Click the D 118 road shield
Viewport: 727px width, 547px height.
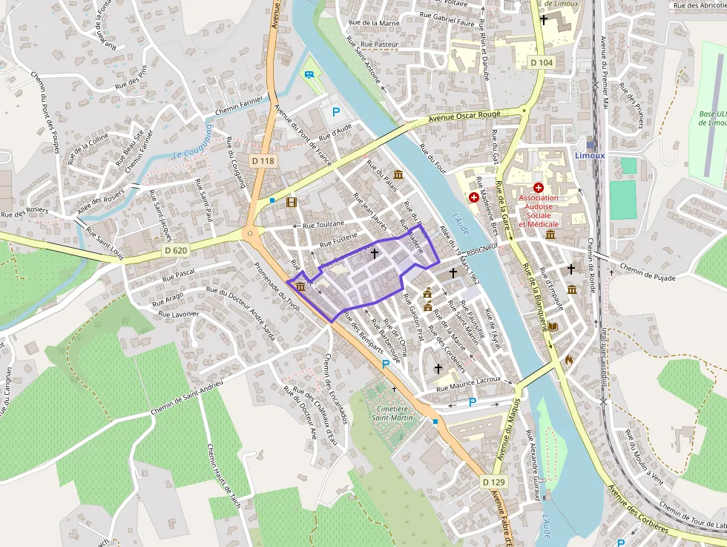(x=263, y=160)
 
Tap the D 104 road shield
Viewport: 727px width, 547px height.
(x=542, y=63)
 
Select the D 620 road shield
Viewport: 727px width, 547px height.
(x=176, y=251)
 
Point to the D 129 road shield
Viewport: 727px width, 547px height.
(x=493, y=482)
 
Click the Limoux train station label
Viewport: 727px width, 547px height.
(x=590, y=155)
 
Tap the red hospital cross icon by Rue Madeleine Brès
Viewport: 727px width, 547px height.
(x=473, y=197)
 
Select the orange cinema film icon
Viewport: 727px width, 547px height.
(x=291, y=202)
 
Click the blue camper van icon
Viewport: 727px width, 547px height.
(x=309, y=74)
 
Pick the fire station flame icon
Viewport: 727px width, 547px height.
(x=569, y=360)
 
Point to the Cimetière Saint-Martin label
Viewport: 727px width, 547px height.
(x=392, y=413)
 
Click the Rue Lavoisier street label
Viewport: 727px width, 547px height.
(x=175, y=314)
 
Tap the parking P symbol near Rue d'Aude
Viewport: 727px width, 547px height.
(x=336, y=112)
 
